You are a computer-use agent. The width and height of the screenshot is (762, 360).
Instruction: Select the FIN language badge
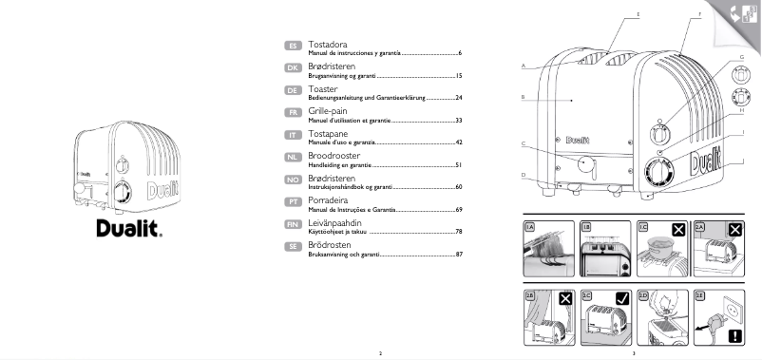pyautogui.click(x=294, y=223)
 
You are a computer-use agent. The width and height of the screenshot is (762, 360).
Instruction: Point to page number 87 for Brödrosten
pyautogui.click(x=458, y=255)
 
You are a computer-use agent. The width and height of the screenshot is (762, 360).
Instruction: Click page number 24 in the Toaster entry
pyautogui.click(x=458, y=98)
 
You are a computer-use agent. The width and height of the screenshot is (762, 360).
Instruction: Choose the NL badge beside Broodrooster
pyautogui.click(x=294, y=157)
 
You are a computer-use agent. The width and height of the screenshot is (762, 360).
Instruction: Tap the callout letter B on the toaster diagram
pyautogui.click(x=524, y=98)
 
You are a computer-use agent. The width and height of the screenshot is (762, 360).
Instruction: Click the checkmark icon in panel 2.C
pyautogui.click(x=622, y=298)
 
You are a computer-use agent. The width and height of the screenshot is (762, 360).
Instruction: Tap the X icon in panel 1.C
pyautogui.click(x=678, y=229)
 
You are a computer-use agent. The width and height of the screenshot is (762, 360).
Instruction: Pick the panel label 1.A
pyautogui.click(x=530, y=228)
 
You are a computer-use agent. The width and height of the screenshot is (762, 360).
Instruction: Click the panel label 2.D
pyautogui.click(x=643, y=297)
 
